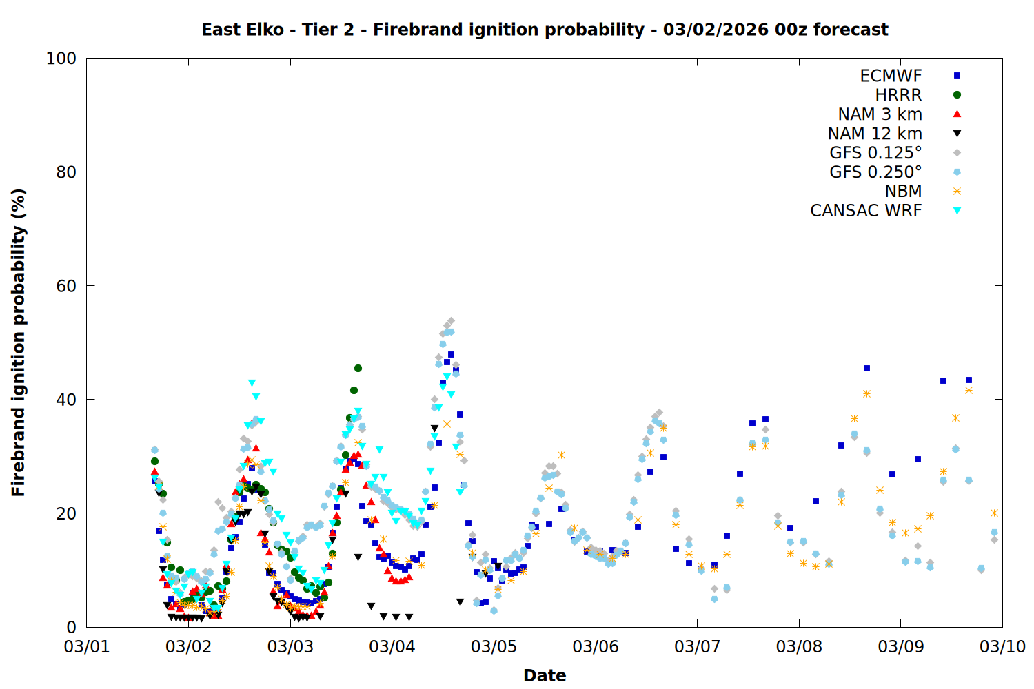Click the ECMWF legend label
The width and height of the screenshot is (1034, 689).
click(891, 76)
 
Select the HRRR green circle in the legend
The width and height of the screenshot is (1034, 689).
click(957, 95)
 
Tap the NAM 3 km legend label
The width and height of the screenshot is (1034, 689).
click(880, 114)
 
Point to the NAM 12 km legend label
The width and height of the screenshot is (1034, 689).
click(875, 134)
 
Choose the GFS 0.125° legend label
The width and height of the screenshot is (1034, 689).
click(875, 153)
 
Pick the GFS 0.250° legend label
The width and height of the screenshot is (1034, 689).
click(875, 172)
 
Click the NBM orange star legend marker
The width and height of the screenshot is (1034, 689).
click(957, 192)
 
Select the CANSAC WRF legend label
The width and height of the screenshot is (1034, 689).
click(866, 211)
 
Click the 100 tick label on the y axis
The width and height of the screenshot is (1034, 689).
click(61, 59)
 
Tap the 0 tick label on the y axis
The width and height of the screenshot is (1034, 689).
click(71, 627)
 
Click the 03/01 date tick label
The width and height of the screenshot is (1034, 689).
click(87, 647)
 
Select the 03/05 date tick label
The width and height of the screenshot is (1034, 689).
click(494, 647)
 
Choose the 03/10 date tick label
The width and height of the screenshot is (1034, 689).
click(1002, 647)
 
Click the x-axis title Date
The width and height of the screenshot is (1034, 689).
click(545, 675)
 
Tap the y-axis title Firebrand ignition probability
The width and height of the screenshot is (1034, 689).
click(19, 342)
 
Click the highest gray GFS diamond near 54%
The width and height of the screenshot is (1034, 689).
click(451, 321)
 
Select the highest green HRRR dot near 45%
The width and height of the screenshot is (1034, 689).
click(358, 369)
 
